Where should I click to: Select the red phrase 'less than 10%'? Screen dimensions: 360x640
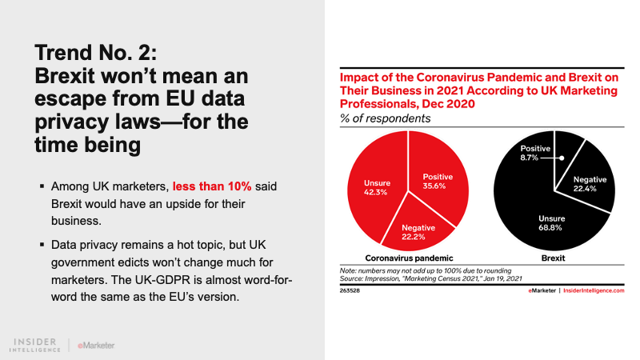[212, 186]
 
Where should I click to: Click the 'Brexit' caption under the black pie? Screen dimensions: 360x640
[554, 259]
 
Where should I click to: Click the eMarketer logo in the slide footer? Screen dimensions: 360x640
[96, 346]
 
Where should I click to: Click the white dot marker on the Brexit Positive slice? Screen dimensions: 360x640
[562, 158]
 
